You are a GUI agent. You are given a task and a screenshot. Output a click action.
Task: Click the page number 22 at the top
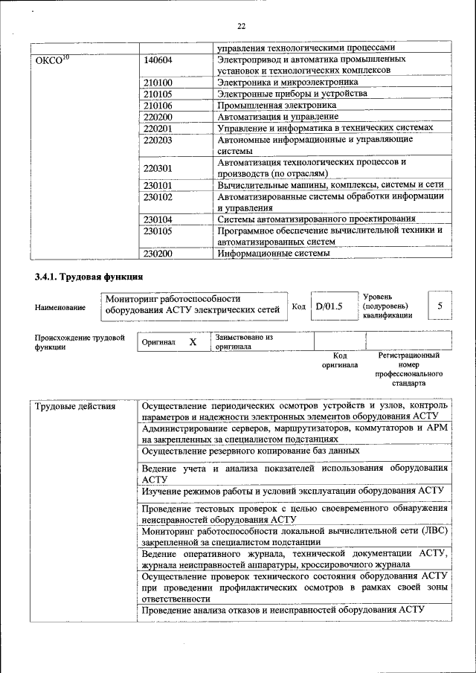pos(241,27)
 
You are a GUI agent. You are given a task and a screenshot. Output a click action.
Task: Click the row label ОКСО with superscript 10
pos(52,59)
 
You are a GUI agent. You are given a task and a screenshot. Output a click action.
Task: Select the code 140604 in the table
pos(158,59)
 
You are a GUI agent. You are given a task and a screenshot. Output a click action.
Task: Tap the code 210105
pos(158,94)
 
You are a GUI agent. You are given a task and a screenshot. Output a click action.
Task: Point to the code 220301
pos(158,168)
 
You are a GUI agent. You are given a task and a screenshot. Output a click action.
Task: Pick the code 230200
pos(158,254)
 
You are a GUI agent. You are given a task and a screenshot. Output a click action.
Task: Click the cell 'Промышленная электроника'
pos(277,105)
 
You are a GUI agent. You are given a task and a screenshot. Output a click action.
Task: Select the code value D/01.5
pos(328,306)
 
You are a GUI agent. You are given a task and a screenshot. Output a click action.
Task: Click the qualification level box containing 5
pos(440,306)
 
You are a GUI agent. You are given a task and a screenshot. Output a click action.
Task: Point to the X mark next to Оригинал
pos(193,342)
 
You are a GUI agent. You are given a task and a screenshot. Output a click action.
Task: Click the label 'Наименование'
pos(60,307)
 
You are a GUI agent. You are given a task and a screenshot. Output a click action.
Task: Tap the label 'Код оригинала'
pos(339,361)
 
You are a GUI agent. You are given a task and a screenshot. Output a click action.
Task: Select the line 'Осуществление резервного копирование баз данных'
pos(251,451)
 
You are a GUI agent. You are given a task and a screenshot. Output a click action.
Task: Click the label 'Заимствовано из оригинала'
pos(243,342)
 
